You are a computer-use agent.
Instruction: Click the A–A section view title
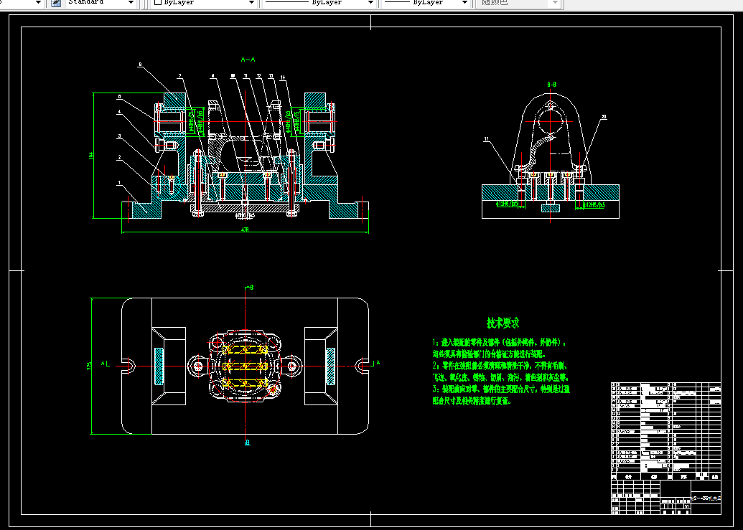pos(248,60)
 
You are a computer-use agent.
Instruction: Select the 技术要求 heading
pos(503,323)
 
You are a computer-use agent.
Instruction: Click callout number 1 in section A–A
pos(119,184)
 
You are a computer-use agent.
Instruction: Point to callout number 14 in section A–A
pos(283,77)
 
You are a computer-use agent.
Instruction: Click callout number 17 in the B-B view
pos(486,138)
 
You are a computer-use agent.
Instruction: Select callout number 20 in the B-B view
pos(604,116)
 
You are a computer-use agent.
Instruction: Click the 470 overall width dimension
pos(245,229)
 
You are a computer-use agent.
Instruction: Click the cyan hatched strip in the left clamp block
pos(159,365)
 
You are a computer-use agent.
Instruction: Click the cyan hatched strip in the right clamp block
pos(330,365)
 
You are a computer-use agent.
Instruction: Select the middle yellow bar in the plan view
pos(244,366)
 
